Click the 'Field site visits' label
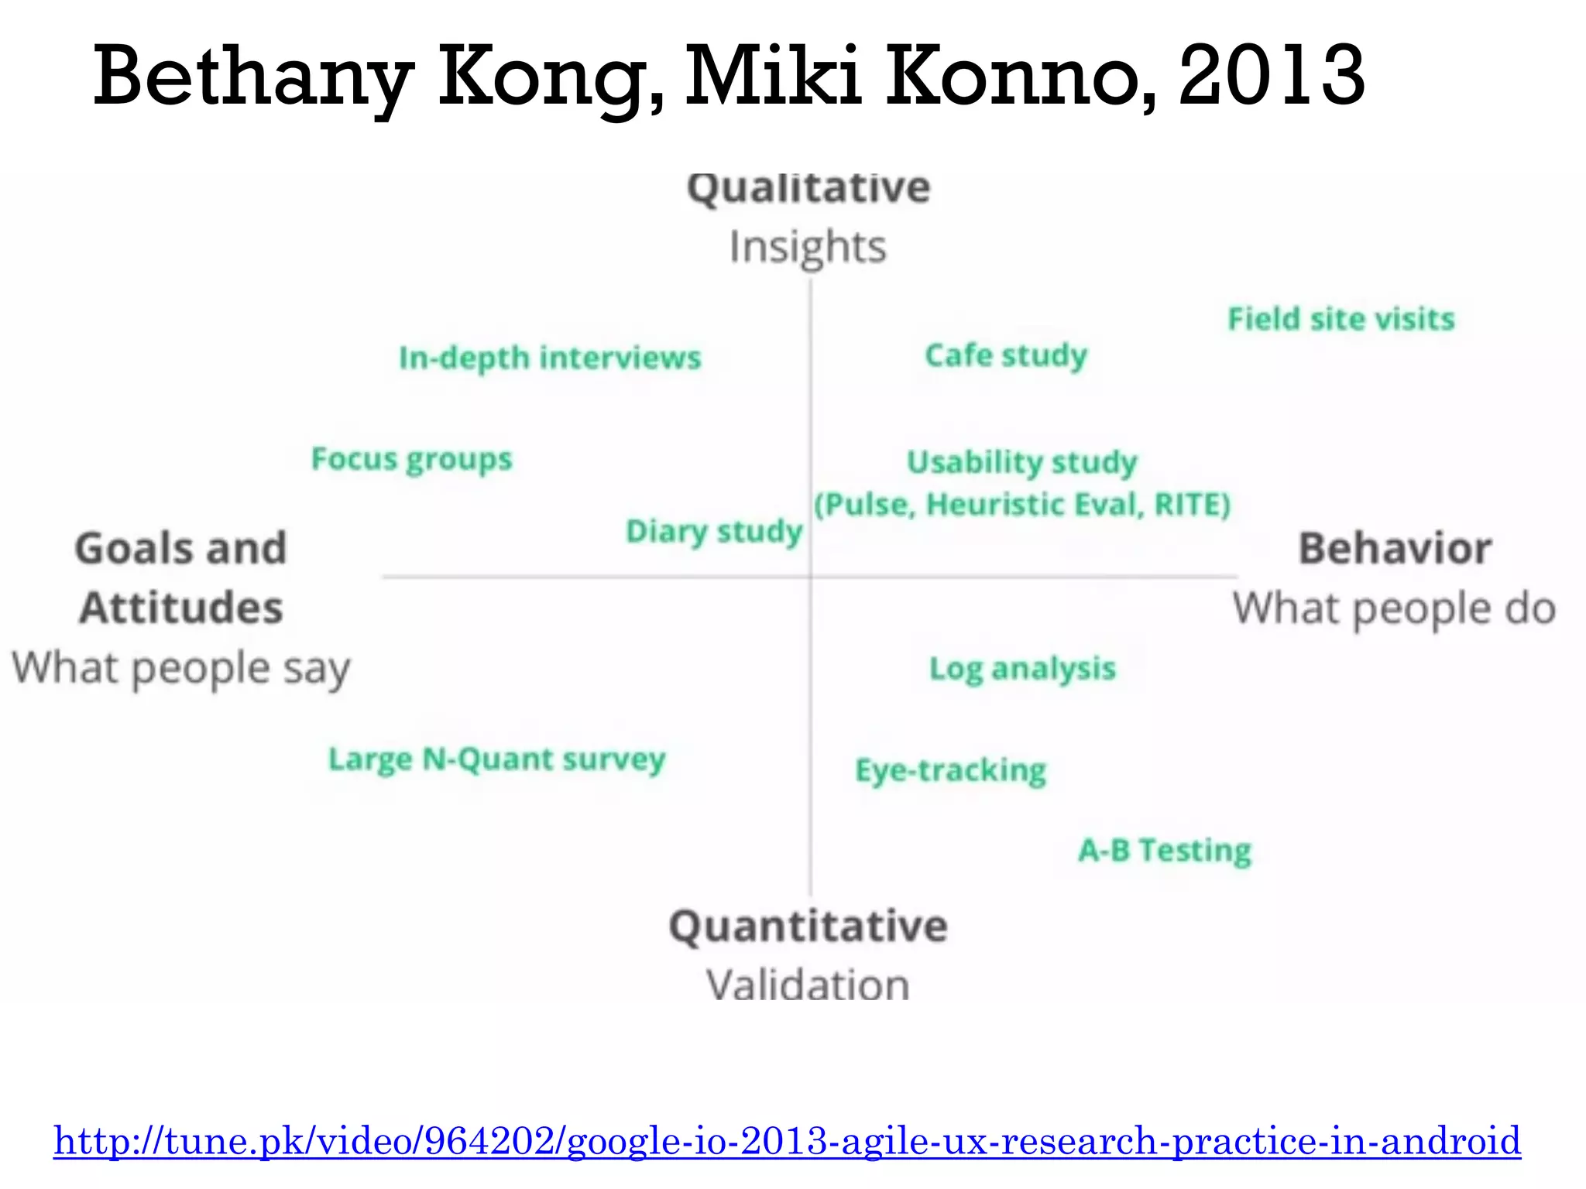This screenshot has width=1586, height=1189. [x=1341, y=319]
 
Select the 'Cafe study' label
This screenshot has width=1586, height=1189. [x=1006, y=356]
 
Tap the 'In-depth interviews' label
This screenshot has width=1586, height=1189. [x=550, y=358]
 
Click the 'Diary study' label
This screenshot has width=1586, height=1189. [x=713, y=532]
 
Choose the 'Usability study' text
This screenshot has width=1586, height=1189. [x=1021, y=462]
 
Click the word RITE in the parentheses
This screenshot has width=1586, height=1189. [x=1187, y=505]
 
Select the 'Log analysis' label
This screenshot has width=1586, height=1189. [x=1022, y=669]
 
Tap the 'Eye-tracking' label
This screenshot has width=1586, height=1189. [x=950, y=771]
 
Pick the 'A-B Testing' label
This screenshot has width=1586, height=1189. [x=1164, y=851]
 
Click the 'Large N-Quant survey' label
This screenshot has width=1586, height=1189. [x=496, y=759]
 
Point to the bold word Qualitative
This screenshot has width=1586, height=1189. [x=808, y=188]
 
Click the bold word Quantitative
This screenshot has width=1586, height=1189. [x=808, y=927]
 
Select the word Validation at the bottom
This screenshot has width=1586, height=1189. [x=808, y=985]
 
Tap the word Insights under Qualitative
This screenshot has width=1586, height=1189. [x=808, y=248]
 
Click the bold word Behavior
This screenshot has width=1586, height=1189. [x=1395, y=549]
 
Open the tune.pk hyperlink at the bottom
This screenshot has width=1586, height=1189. [x=787, y=1141]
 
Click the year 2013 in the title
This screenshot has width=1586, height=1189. [x=1272, y=76]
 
